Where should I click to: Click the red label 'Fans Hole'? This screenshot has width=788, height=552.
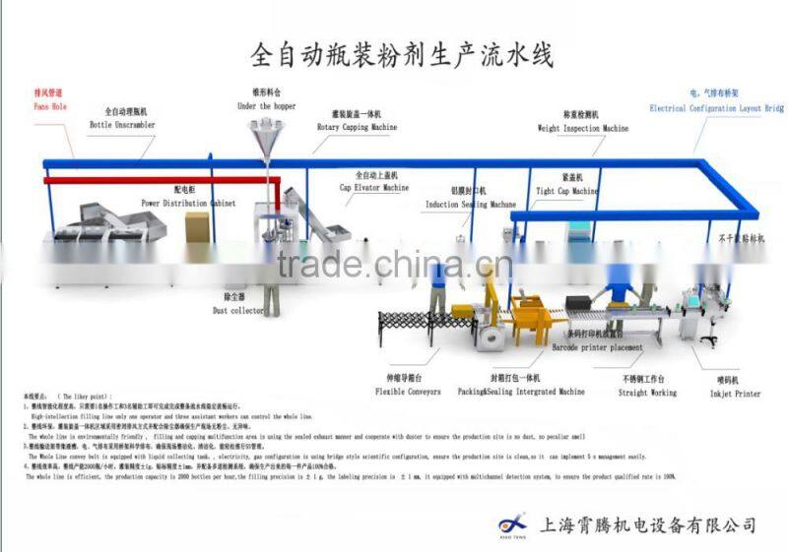pos(49,105)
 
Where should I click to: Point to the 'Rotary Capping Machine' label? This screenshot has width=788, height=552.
pos(357,128)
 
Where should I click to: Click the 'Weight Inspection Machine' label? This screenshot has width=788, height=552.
pos(582,128)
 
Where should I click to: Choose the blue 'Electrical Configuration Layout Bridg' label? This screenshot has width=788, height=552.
pos(715,108)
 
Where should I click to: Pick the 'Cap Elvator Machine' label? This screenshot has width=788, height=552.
pos(374,187)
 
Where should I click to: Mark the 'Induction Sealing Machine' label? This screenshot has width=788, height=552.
pos(471,205)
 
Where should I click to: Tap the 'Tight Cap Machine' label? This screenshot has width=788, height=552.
pos(567,191)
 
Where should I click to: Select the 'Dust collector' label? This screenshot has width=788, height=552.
pos(236,311)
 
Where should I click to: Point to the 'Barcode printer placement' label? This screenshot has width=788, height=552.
pos(599,347)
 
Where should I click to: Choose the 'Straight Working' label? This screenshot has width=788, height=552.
pos(648,393)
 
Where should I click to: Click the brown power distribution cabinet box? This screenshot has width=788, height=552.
pos(198,226)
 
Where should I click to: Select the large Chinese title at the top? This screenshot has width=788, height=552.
pos(403,53)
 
